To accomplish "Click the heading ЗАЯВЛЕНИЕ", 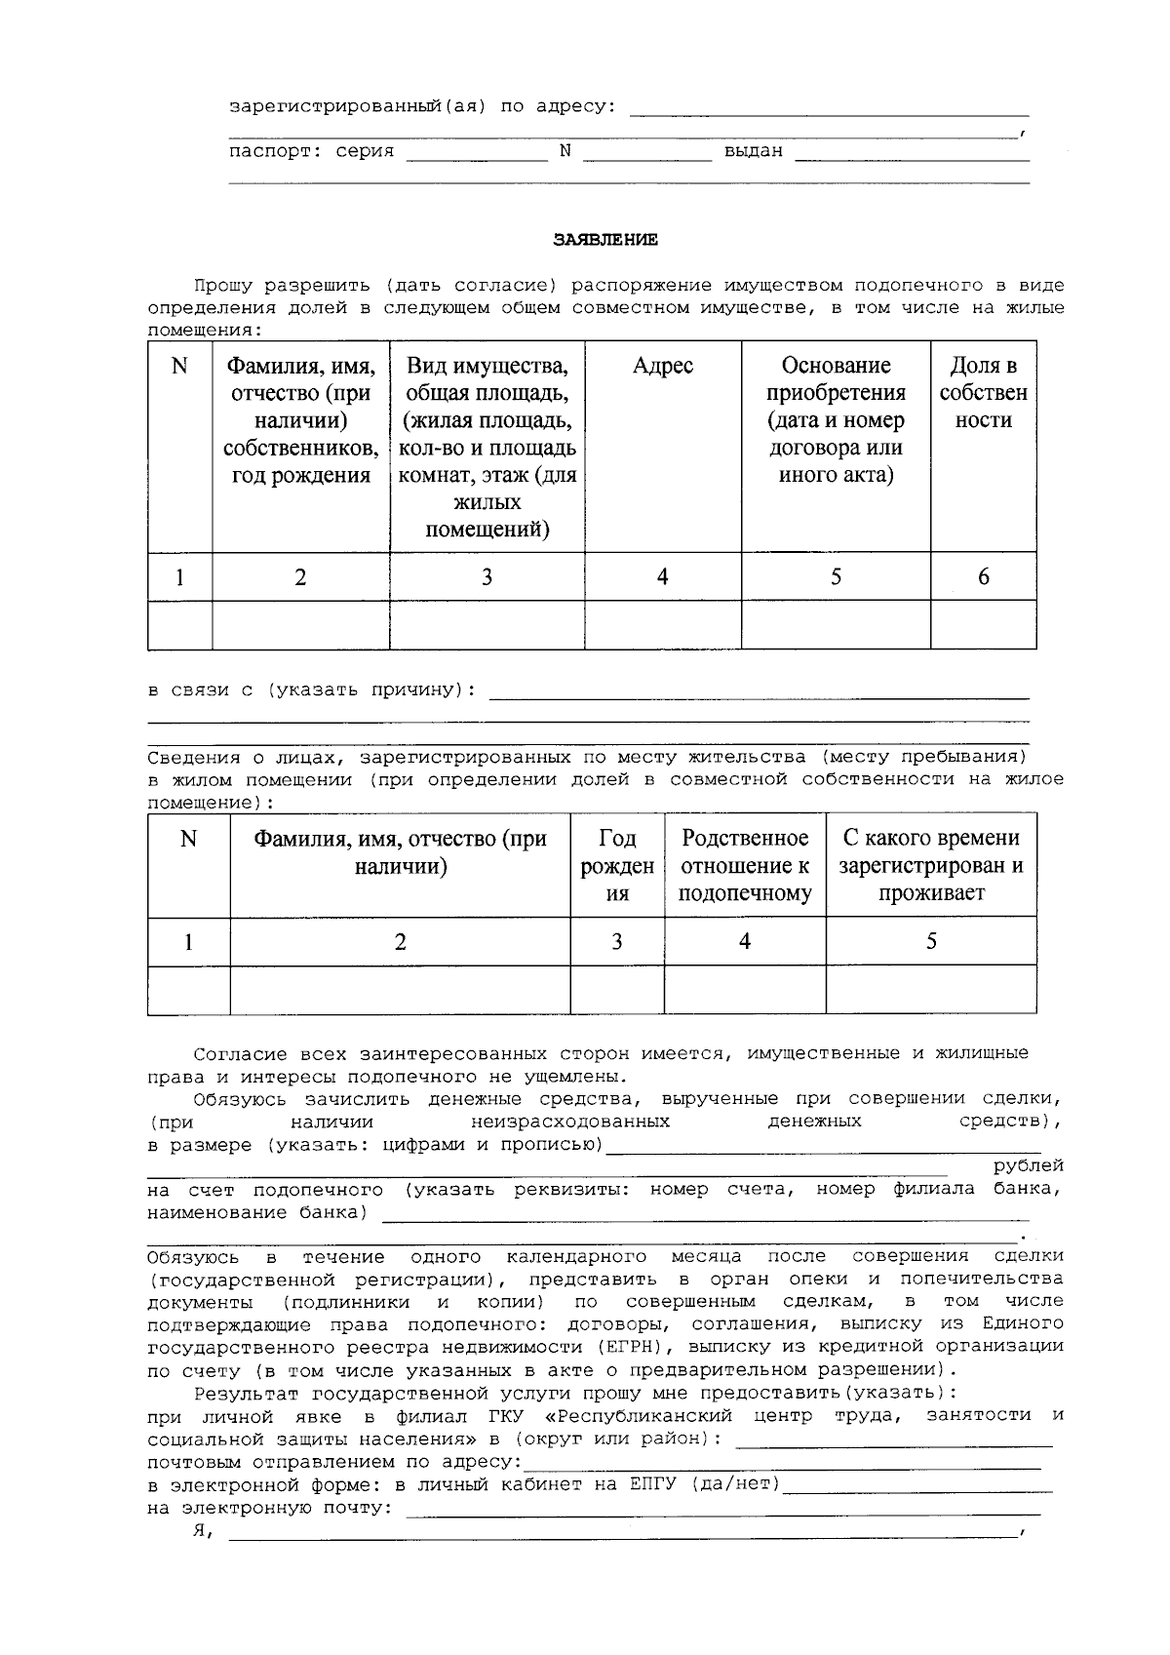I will (605, 239).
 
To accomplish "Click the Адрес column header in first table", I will (662, 366).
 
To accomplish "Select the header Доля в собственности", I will (983, 393).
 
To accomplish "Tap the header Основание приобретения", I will (836, 419).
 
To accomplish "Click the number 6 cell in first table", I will (983, 576).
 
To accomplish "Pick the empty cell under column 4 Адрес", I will (662, 624).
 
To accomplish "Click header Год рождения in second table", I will (616, 866).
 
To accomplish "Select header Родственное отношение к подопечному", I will (745, 866).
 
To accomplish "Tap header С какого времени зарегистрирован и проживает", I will (931, 866).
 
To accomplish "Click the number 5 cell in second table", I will (931, 941).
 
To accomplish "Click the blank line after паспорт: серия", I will (477, 153).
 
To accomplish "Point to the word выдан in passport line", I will (753, 152).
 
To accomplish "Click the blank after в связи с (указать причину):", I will (758, 691).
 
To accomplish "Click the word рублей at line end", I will (1028, 1166).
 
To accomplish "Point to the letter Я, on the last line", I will (203, 1531).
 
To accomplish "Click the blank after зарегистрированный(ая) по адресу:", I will (829, 108).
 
